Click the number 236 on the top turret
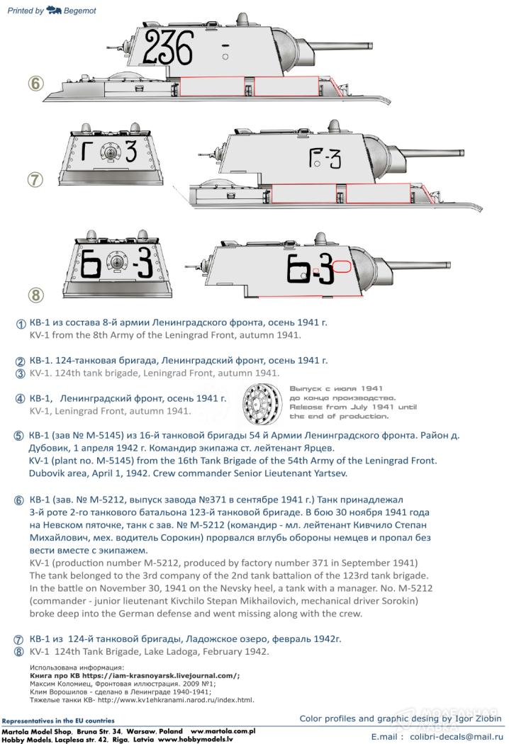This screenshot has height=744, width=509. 169,48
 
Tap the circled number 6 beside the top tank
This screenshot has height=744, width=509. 36,83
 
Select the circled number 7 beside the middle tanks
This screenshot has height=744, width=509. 35,179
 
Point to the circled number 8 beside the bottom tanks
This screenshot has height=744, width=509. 36,295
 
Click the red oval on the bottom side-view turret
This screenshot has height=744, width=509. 341,267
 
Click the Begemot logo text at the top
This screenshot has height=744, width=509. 80,11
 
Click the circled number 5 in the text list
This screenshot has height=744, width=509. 18,436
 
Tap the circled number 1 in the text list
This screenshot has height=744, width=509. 21,324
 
